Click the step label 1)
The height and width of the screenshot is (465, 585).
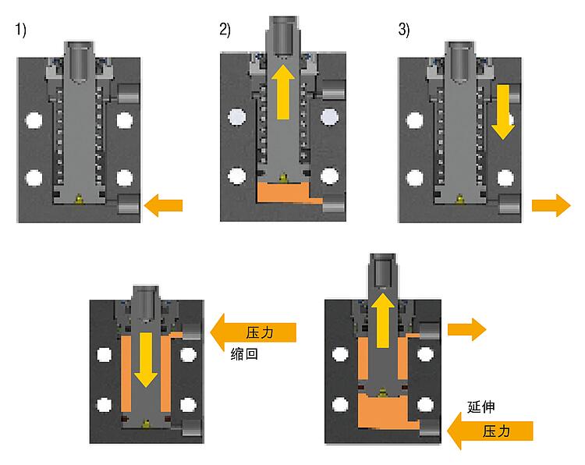[x=20, y=30]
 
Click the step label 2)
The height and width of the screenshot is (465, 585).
[x=225, y=30]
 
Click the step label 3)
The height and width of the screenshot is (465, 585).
[x=404, y=30]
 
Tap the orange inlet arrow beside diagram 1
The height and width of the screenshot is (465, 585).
[x=163, y=205]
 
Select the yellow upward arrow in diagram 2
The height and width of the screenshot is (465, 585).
[x=283, y=92]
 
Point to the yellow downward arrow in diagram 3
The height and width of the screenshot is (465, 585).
[x=503, y=112]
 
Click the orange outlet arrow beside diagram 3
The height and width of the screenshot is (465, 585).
[x=551, y=205]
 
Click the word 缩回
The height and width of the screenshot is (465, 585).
[x=244, y=353]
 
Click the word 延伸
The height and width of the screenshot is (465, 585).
[x=481, y=406]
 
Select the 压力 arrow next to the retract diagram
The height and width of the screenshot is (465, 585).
[x=253, y=332]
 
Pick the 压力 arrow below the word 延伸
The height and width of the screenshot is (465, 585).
[x=491, y=431]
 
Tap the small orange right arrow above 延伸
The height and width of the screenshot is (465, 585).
[x=466, y=329]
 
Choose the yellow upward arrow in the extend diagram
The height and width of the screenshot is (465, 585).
[x=383, y=321]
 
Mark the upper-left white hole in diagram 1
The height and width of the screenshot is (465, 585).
[x=34, y=120]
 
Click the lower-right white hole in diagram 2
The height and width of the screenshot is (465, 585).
[x=329, y=176]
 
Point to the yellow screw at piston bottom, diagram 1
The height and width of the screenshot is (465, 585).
[x=79, y=199]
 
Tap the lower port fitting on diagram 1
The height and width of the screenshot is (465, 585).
[x=129, y=204]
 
